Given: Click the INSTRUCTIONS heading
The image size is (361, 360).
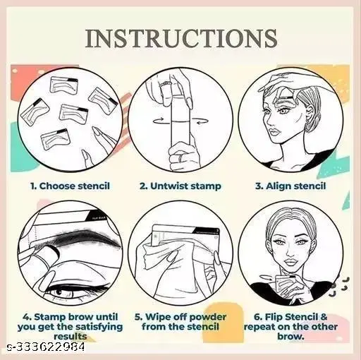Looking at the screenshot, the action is pos(180,38).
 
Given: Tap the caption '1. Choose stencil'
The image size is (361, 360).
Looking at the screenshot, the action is pos(70,186).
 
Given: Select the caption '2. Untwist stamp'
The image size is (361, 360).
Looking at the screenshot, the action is pos(180,186).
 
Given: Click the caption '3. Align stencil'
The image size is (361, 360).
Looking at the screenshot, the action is pos(290,186).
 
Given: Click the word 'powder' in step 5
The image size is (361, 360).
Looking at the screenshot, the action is pos(208,317).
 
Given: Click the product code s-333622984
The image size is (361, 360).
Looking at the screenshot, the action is pos(46,347).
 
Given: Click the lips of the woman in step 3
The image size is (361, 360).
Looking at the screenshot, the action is pos(274,132).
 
